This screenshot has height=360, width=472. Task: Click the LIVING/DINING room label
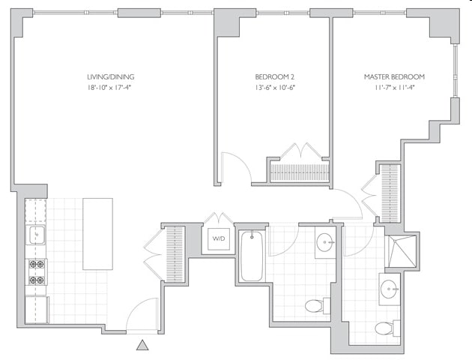pos(110,76)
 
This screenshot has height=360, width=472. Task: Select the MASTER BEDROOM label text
pos(394,76)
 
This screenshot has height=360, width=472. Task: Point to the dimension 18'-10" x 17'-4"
pos(110,88)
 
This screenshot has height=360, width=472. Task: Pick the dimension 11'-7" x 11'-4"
pos(394,88)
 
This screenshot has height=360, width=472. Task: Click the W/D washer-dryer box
pos(218,239)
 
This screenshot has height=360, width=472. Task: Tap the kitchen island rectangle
pos(97,233)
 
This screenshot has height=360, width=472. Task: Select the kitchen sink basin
pos(36,236)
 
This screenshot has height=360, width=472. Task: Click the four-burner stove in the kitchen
pos(36,272)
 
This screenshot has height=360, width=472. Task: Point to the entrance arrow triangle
pos(142,345)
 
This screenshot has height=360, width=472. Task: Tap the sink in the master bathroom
pos(389,288)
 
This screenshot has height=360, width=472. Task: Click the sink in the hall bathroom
pos(325,242)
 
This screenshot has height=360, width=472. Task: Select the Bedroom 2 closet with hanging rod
pos(300,172)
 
